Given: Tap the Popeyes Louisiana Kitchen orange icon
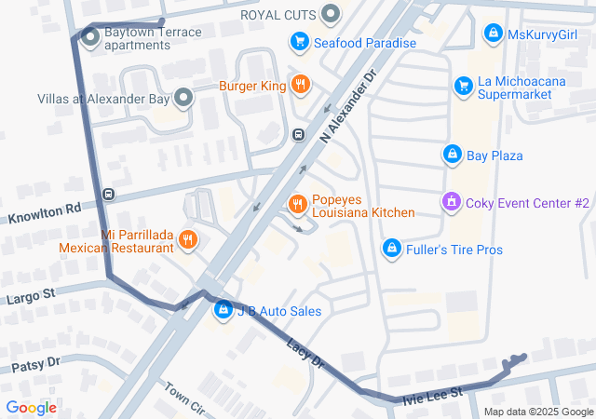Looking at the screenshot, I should [x=298, y=204].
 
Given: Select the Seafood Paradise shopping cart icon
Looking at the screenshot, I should [x=299, y=42].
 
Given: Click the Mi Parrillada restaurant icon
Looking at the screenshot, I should [x=188, y=239].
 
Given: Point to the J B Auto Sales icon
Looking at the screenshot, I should [x=223, y=310].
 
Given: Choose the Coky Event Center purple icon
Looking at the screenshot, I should [x=452, y=201].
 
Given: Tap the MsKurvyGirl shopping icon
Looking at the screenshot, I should [x=493, y=34].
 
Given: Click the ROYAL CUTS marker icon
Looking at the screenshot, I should [x=331, y=14].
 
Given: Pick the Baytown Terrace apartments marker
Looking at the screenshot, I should [x=90, y=37].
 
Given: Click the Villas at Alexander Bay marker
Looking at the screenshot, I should [x=183, y=97].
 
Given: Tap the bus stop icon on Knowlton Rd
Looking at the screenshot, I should [x=109, y=195].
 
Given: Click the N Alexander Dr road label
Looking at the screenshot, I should [x=347, y=105].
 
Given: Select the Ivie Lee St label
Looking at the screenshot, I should [x=432, y=396].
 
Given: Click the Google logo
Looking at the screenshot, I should [x=31, y=407].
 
